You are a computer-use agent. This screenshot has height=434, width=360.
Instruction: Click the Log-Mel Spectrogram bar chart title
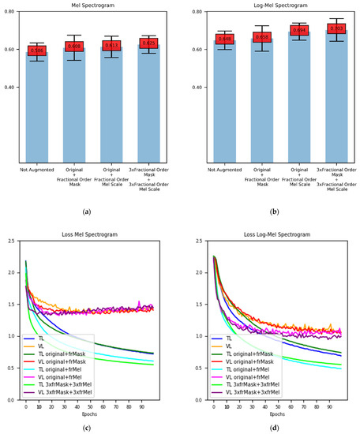273,5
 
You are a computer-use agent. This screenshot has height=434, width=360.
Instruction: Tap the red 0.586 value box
37,51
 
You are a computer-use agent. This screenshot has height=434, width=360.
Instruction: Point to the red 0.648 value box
223,39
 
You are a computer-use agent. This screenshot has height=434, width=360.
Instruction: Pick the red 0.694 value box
298,30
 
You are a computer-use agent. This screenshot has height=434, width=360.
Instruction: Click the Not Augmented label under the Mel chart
37,169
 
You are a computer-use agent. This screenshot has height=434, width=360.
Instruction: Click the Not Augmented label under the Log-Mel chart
223,169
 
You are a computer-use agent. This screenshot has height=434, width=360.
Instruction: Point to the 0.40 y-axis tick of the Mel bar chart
9,87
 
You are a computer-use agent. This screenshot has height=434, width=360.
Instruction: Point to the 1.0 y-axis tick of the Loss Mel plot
12,336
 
